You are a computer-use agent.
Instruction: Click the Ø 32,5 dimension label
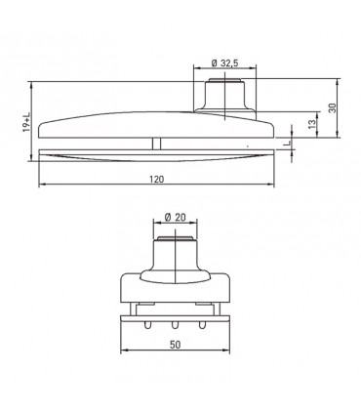(224, 62)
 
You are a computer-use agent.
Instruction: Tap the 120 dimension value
(157, 179)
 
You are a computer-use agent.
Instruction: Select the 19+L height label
(26, 122)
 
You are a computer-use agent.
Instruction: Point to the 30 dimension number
(332, 108)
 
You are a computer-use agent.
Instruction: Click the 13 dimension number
(311, 124)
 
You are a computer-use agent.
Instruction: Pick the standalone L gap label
(286, 143)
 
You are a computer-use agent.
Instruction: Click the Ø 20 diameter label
(176, 217)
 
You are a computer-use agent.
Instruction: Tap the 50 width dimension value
(175, 345)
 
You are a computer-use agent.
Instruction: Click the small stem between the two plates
(157, 144)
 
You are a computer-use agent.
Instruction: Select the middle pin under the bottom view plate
(175, 325)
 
